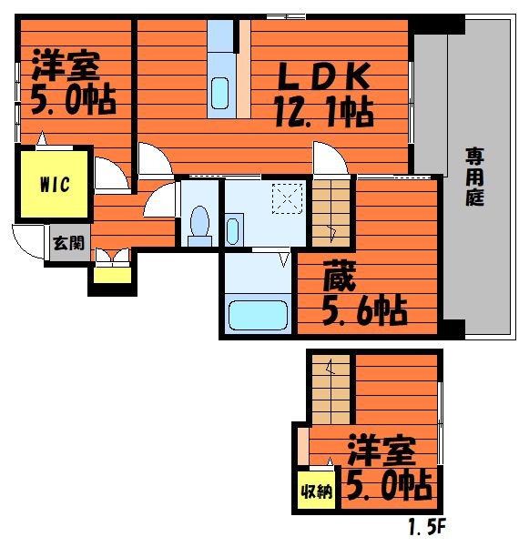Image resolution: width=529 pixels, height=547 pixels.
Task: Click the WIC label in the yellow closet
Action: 55,185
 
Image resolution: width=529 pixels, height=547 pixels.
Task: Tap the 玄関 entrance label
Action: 68,243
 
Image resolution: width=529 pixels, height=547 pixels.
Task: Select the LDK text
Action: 323,76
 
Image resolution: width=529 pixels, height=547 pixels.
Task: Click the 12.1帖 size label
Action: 324,112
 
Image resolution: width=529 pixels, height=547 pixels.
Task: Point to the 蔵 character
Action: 340,276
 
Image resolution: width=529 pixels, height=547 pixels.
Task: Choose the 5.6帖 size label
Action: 364,310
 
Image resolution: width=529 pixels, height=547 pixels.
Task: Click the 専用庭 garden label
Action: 474,177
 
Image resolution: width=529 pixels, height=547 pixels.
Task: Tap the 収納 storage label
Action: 317,491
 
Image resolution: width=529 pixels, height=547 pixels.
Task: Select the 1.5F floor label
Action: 427,526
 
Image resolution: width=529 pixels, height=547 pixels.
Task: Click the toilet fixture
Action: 199,226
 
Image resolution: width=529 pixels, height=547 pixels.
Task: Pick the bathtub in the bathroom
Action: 258,315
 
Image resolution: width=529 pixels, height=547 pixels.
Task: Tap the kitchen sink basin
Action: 219,93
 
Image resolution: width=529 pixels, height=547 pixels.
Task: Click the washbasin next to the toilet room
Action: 232,230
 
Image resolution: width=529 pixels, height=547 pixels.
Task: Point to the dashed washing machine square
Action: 287,198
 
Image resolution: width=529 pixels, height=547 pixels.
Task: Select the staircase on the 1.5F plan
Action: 331,390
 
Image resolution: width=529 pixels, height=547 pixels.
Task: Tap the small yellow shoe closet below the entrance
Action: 112,275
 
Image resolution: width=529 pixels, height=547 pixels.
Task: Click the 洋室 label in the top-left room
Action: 66,66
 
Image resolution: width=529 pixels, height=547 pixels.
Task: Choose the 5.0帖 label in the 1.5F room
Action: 389,484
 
